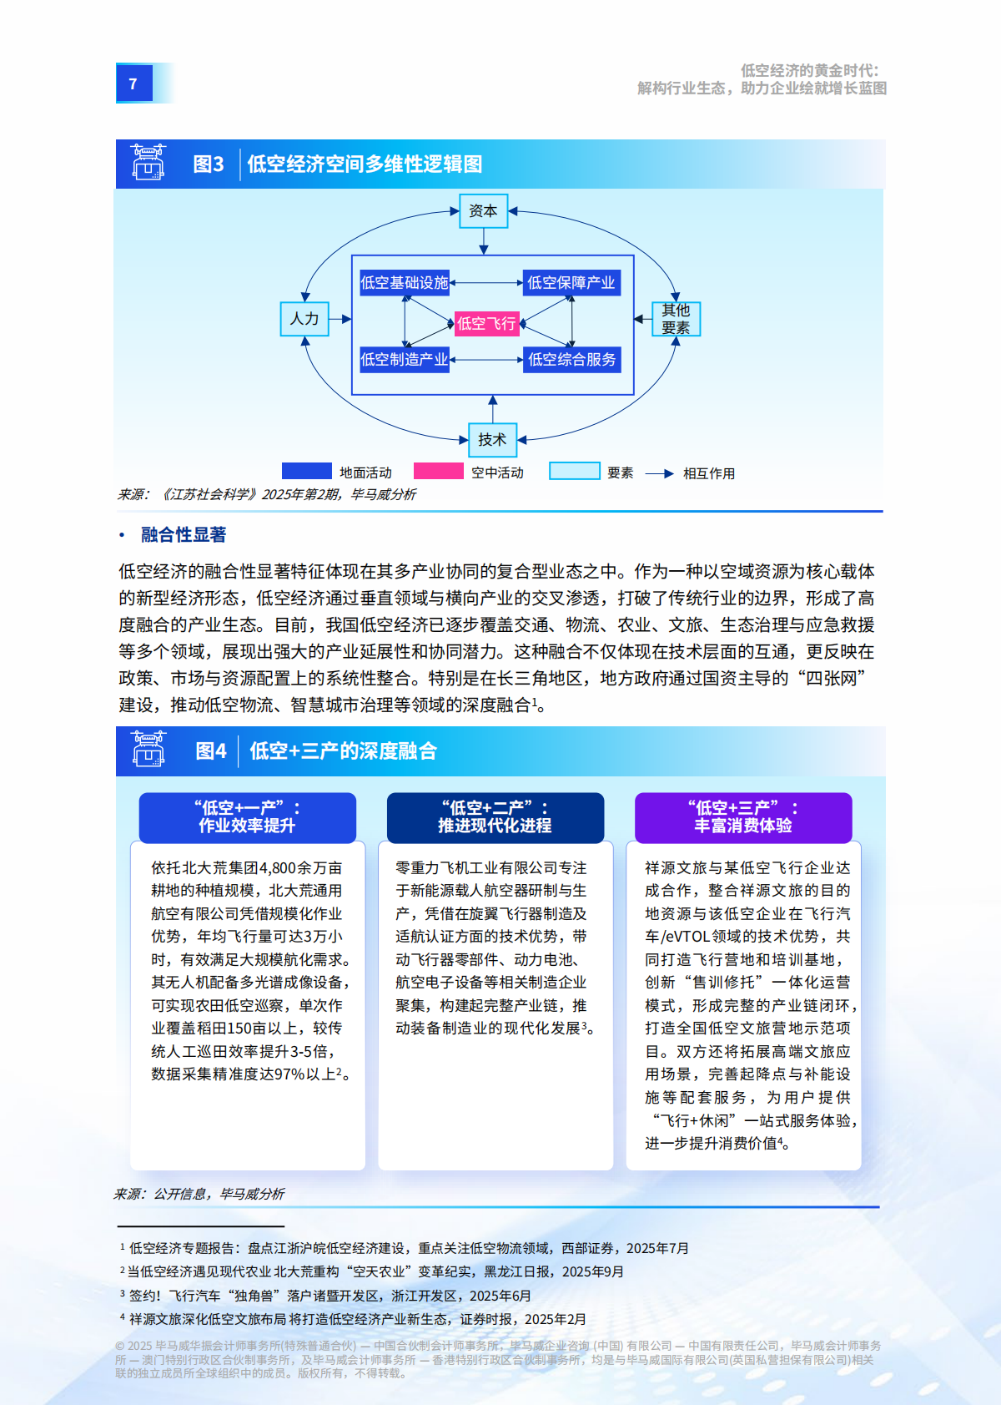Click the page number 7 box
[x=133, y=83]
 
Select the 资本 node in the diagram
[x=483, y=211]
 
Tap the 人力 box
[x=304, y=319]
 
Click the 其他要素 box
[x=676, y=319]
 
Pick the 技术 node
[x=492, y=439]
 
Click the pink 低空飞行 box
[x=487, y=323]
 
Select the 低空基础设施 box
[x=405, y=283]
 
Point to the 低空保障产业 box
[x=571, y=283]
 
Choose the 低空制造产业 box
[x=405, y=360]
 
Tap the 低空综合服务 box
[x=571, y=360]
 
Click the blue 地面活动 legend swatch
[x=307, y=471]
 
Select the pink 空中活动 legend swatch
[x=438, y=471]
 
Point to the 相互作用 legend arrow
[x=659, y=473]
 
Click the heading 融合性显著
[x=184, y=534]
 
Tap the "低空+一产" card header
[x=247, y=817]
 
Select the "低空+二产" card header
[x=495, y=817]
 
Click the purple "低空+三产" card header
[x=743, y=817]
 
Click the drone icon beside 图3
[x=148, y=163]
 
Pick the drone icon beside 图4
[x=148, y=749]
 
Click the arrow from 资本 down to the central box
[x=484, y=241]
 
